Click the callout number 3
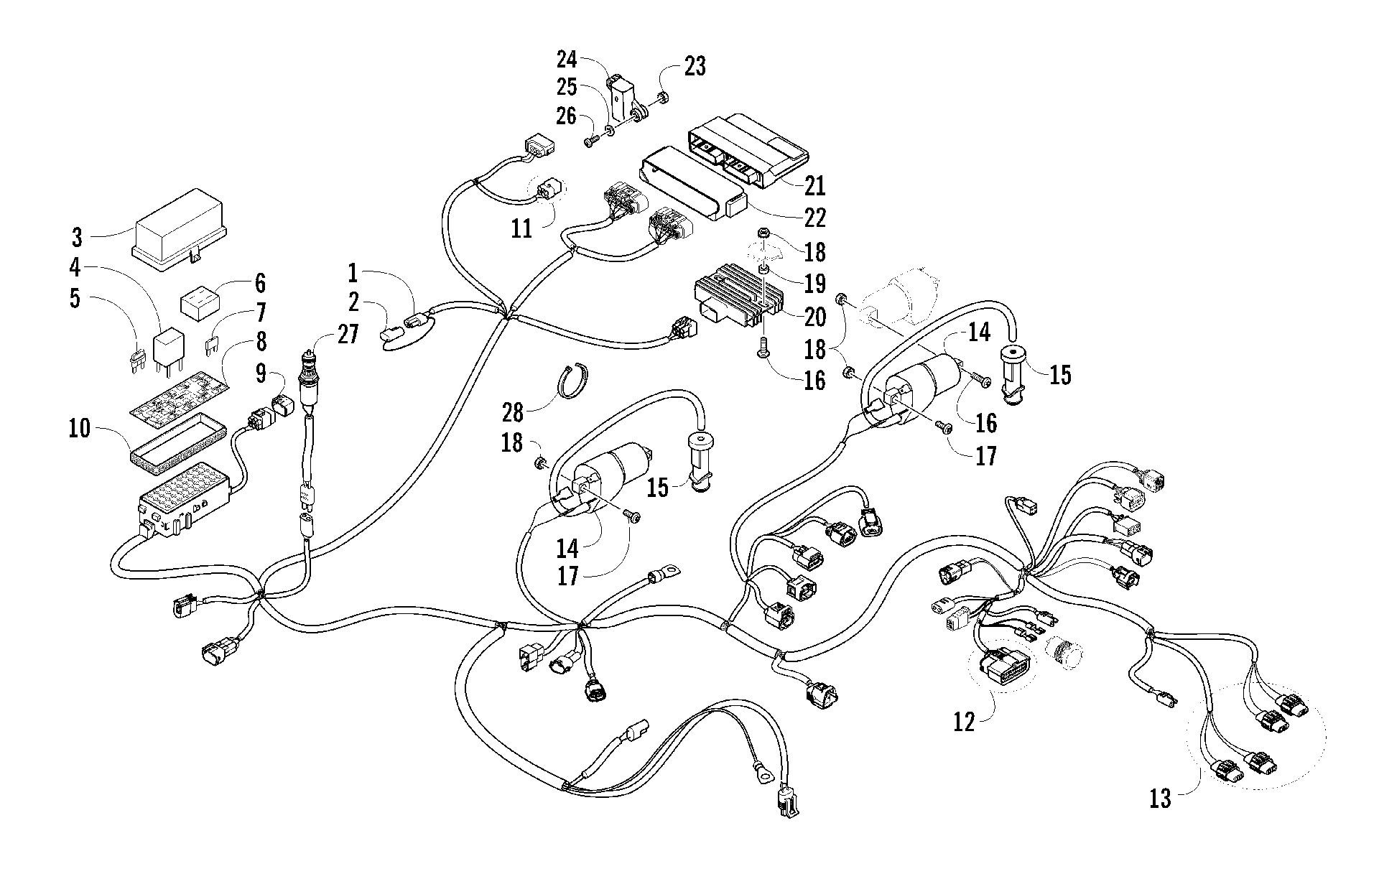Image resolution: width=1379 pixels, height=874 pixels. (77, 238)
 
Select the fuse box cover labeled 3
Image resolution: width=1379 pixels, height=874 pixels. (180, 228)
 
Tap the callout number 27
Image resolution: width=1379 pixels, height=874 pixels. (348, 335)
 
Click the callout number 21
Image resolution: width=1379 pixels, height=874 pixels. (814, 185)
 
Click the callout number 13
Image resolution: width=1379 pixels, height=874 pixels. (1160, 798)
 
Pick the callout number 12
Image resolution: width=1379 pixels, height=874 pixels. (963, 722)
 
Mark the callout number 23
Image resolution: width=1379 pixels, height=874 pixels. (694, 65)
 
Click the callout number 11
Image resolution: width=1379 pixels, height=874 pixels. (521, 228)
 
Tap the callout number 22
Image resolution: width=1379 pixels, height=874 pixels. (814, 217)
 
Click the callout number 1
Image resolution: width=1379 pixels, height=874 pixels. (353, 272)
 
